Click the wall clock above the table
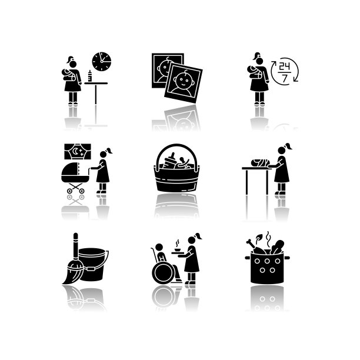[x=102, y=62]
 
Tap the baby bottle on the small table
[x=90, y=76]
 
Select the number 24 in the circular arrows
[x=285, y=67]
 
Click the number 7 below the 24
[x=285, y=78]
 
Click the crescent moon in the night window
[x=75, y=151]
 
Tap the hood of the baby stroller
[x=71, y=169]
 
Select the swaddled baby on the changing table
[x=261, y=162]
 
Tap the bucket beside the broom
[x=93, y=265]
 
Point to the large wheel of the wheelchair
[x=164, y=273]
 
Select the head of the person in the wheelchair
[x=159, y=247]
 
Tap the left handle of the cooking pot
[x=248, y=258]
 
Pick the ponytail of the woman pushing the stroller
[x=109, y=151]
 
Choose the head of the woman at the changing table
[x=282, y=151]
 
